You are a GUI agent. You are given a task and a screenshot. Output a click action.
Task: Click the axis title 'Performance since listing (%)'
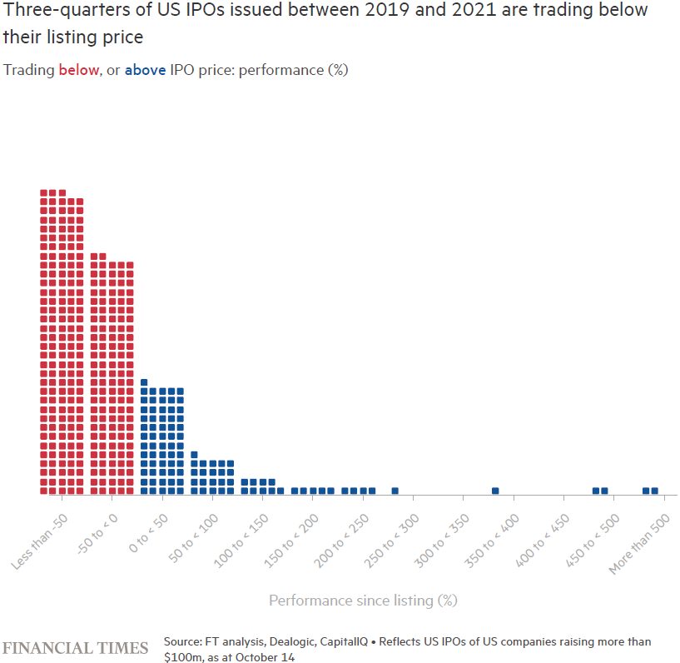[x=363, y=601]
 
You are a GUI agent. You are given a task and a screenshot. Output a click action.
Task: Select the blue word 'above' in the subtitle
[x=145, y=70]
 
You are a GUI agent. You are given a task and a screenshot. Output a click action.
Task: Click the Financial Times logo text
[x=76, y=648]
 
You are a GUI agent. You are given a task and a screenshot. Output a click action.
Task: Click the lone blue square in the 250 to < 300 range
[x=395, y=491]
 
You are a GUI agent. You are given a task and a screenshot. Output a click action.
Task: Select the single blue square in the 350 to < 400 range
[x=495, y=491]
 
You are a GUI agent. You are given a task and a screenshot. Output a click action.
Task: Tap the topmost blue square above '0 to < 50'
[x=144, y=382]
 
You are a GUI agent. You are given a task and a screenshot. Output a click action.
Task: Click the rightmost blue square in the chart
[x=655, y=491]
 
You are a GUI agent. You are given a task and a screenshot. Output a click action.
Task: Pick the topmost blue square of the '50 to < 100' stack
[x=194, y=455]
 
